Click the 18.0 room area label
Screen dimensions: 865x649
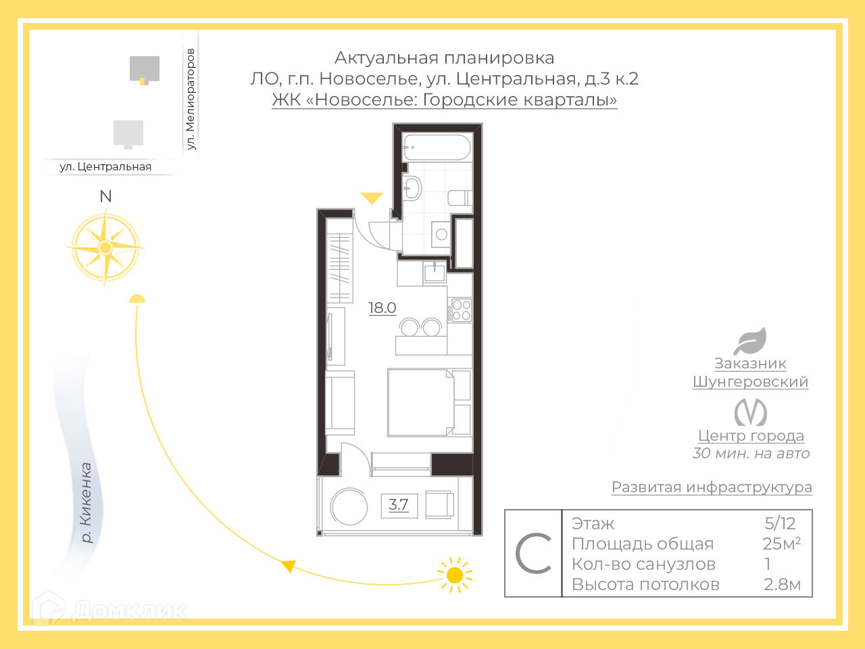click(382, 308)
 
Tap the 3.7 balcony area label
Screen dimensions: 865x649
click(399, 504)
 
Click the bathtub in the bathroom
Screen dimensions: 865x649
click(437, 148)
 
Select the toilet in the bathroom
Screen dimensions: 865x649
click(460, 198)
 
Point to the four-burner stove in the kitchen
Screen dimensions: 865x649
click(462, 310)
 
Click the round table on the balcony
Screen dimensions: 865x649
click(349, 506)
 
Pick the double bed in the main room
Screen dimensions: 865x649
click(420, 402)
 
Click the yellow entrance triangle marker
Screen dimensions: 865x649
click(372, 197)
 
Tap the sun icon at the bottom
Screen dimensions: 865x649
click(455, 575)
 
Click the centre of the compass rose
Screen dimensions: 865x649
click(105, 247)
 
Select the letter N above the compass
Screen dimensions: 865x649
click(105, 196)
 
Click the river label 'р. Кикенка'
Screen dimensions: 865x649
click(86, 502)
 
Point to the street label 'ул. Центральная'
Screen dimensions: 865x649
click(105, 166)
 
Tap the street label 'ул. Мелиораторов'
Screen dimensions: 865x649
click(191, 99)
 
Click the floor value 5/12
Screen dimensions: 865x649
click(780, 523)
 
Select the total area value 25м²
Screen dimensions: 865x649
click(781, 544)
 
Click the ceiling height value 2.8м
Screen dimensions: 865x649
click(782, 584)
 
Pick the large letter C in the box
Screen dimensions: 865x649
click(533, 554)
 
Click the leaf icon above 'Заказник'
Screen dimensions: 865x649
click(750, 341)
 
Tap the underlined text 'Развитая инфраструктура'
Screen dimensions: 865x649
click(712, 487)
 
